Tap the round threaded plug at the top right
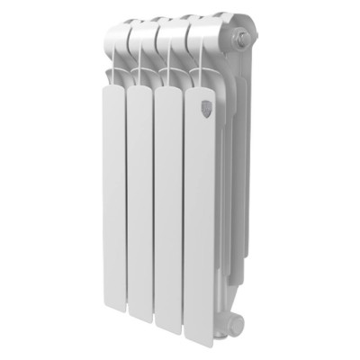(x=242, y=39)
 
